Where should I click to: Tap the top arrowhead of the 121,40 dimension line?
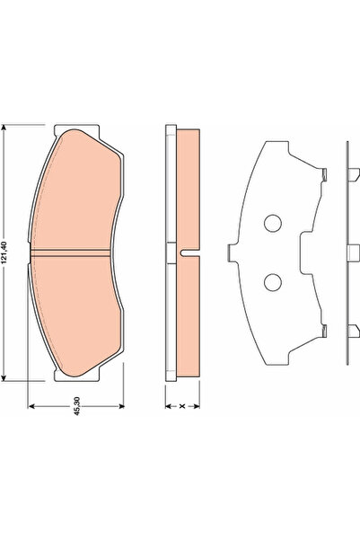click(7, 128)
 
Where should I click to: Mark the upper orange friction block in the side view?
click(187, 189)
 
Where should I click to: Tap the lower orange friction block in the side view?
click(187, 314)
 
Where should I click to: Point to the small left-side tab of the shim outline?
click(230, 252)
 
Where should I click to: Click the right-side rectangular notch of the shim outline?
click(299, 252)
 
